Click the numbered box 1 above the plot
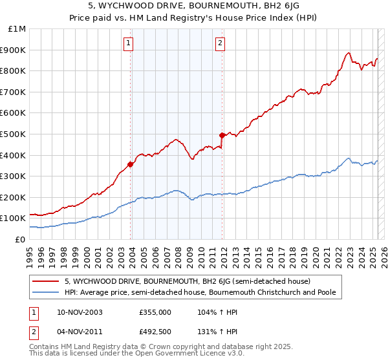coord(129,43)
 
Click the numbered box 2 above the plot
coord(220,43)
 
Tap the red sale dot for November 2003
coord(131,164)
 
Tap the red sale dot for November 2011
coord(222,135)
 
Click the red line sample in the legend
coord(46,282)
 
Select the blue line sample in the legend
coord(46,293)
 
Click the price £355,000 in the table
coord(155,312)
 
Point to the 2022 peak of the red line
coord(348,53)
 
